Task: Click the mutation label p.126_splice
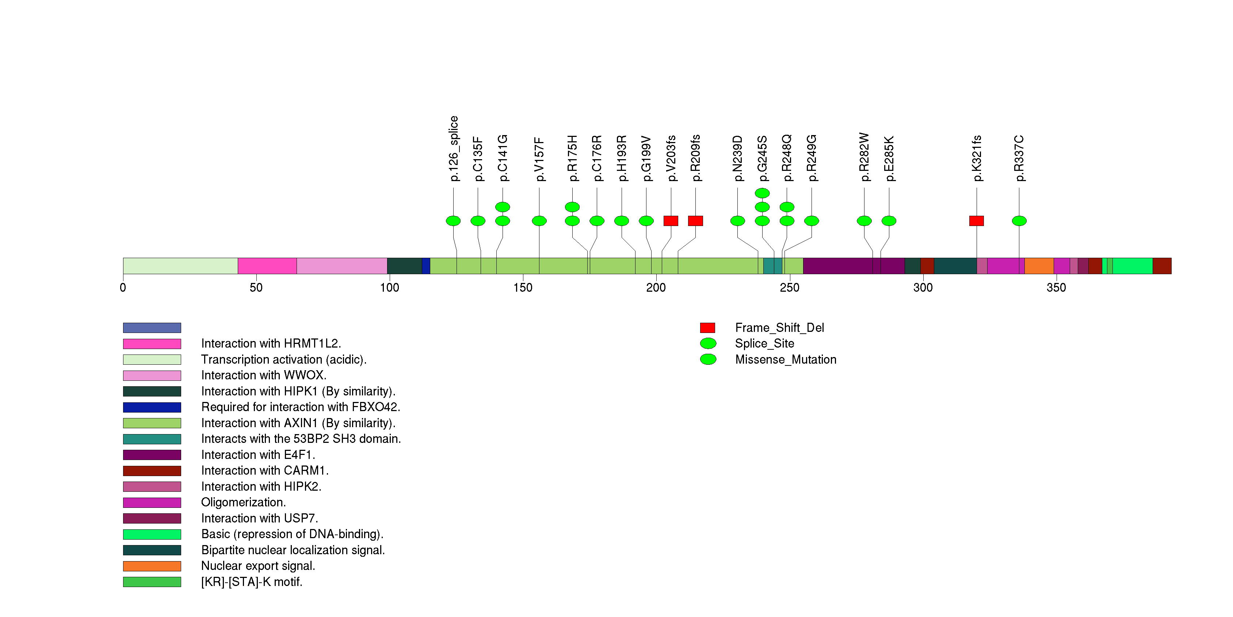(x=454, y=148)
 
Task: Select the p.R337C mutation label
(x=1019, y=158)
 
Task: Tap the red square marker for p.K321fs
(x=977, y=221)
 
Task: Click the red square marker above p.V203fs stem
(x=671, y=221)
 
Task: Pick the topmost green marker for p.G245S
(x=762, y=193)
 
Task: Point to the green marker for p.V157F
(x=539, y=221)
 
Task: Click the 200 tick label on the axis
(x=656, y=287)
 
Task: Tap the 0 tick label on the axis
(x=123, y=287)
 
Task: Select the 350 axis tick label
(x=1056, y=287)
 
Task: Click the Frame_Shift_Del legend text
(x=779, y=327)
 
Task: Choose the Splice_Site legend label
(x=764, y=344)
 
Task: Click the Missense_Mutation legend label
(x=786, y=359)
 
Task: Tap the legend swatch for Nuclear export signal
(x=152, y=566)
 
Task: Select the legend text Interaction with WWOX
(x=263, y=375)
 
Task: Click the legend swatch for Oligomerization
(x=152, y=502)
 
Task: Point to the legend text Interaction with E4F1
(x=258, y=455)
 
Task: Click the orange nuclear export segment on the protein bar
(x=1039, y=266)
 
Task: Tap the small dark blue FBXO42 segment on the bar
(x=426, y=266)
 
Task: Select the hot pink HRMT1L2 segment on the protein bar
(x=267, y=266)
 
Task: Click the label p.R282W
(x=864, y=157)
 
